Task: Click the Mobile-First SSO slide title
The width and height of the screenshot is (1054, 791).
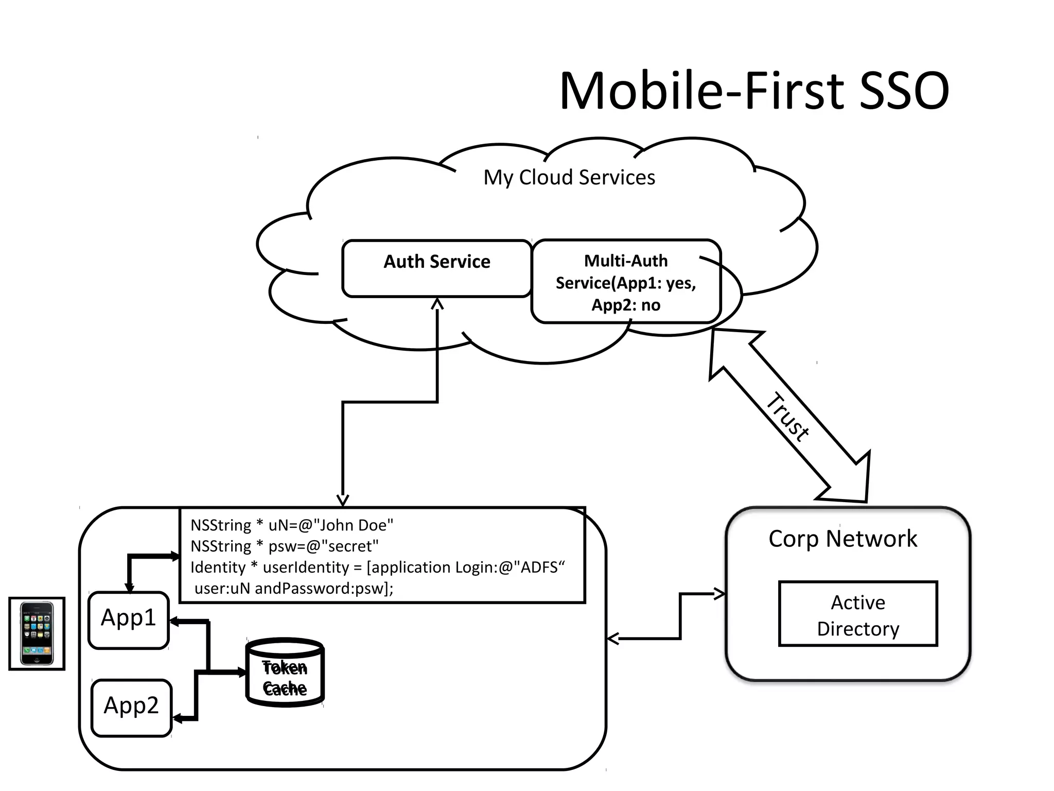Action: [x=754, y=91]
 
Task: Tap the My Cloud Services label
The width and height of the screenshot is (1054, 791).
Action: [x=569, y=178]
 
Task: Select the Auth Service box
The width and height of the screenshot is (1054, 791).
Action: [x=436, y=268]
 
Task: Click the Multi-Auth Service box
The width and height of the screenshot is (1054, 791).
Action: [x=625, y=282]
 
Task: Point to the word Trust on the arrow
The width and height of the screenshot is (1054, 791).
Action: [x=787, y=417]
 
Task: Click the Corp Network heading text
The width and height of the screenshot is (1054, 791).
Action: [x=842, y=539]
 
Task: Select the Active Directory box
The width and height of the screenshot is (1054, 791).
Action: [x=857, y=614]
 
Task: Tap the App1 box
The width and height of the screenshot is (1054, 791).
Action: [x=129, y=620]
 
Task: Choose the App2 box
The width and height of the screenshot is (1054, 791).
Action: [x=131, y=707]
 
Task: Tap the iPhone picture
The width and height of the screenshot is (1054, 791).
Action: [x=37, y=633]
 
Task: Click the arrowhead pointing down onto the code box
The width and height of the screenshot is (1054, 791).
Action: [x=343, y=500]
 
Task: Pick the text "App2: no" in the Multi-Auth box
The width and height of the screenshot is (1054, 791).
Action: [x=625, y=305]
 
